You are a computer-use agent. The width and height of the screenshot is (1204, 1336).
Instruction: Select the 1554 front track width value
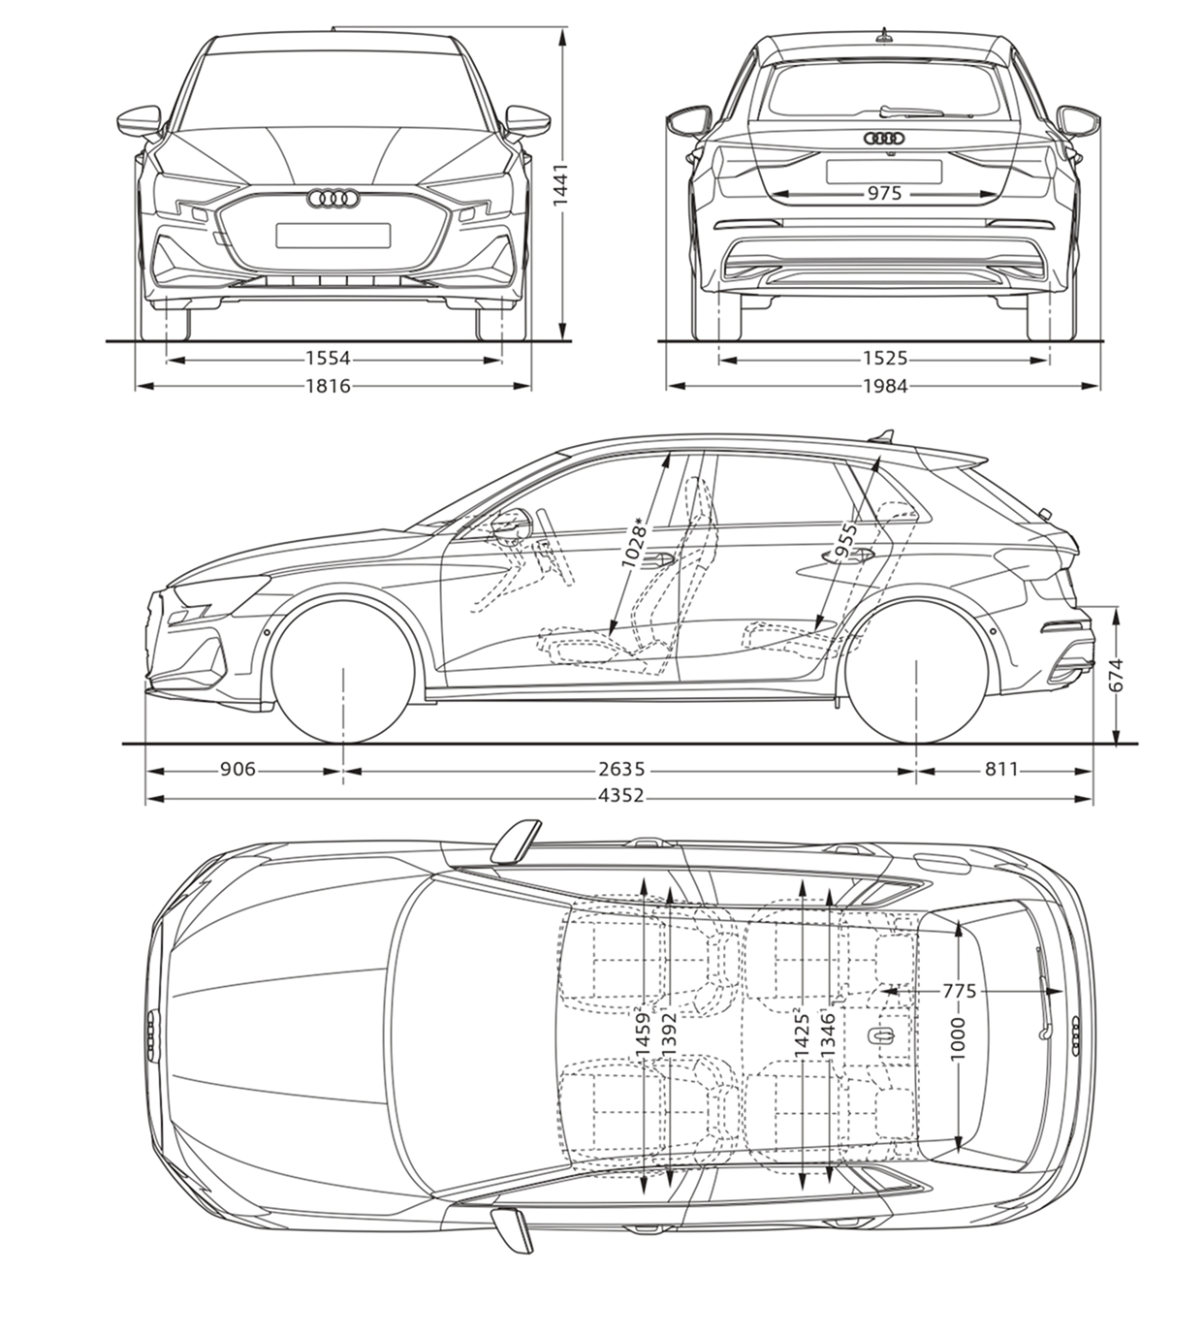coord(328,359)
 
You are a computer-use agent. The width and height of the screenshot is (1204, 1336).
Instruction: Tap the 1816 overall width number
coord(328,386)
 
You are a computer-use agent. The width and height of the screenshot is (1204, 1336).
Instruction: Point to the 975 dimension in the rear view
coord(884,193)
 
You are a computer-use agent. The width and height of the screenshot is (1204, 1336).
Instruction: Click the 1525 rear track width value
coord(885,359)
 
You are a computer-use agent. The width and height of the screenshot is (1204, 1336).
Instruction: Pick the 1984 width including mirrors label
coord(885,386)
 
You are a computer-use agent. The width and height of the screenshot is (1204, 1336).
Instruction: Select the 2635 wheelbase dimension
coord(622,769)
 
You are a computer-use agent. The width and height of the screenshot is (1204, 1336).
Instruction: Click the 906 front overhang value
coord(238,769)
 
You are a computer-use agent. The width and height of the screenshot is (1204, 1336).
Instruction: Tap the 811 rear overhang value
coord(1001,769)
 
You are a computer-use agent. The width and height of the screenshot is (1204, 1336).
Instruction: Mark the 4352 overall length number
coord(620,795)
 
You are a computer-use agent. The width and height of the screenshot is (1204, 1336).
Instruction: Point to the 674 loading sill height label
coord(1116,675)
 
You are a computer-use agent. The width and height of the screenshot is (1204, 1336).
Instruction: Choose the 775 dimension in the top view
coord(959,992)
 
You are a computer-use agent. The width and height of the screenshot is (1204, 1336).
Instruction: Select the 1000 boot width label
coord(957,1039)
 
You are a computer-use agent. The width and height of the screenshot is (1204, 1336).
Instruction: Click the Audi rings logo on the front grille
coord(333,198)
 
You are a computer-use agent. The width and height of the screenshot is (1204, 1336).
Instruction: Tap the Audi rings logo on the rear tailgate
coord(884,138)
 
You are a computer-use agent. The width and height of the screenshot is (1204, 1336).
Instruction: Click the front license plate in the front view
coord(333,236)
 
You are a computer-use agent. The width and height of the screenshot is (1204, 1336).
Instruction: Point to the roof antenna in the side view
coord(882,436)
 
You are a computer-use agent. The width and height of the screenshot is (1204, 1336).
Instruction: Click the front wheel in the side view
coord(343,671)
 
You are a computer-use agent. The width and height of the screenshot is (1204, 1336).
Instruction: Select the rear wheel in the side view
coord(917,671)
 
